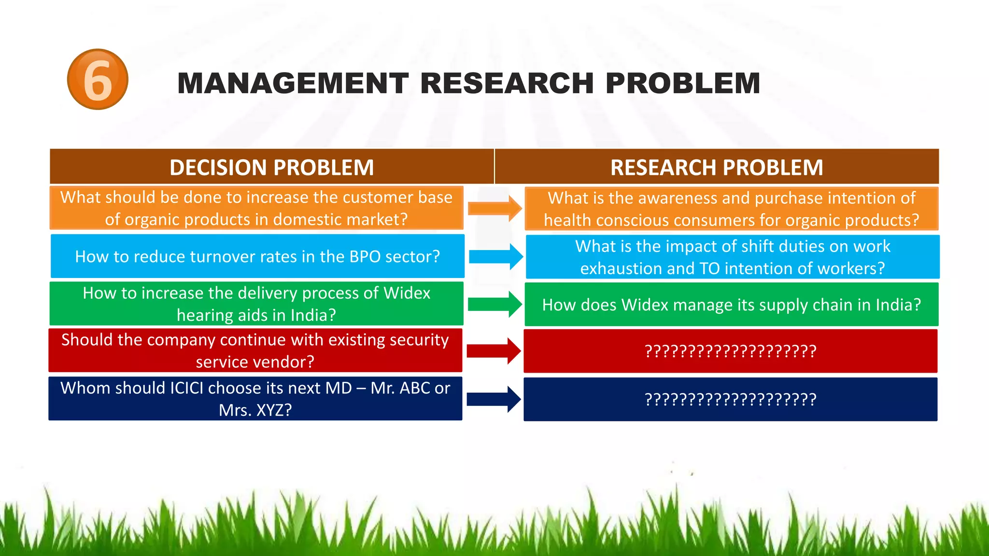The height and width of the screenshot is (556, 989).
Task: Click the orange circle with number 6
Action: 98,79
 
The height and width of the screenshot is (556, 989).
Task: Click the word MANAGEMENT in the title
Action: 293,83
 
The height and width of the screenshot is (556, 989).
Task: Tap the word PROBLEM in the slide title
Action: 682,83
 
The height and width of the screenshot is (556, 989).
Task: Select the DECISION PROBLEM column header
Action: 271,167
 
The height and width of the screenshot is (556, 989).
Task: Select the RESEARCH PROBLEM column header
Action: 716,167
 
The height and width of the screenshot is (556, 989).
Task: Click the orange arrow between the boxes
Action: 494,208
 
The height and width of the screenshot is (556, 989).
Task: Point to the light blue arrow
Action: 495,256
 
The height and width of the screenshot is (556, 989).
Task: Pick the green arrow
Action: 494,304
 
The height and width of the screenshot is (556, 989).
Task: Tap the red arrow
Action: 494,351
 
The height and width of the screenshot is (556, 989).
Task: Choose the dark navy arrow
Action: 494,399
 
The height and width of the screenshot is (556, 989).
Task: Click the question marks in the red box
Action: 730,351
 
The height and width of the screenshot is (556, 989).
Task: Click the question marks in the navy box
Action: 730,399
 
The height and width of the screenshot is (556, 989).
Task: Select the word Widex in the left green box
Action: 407,293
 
